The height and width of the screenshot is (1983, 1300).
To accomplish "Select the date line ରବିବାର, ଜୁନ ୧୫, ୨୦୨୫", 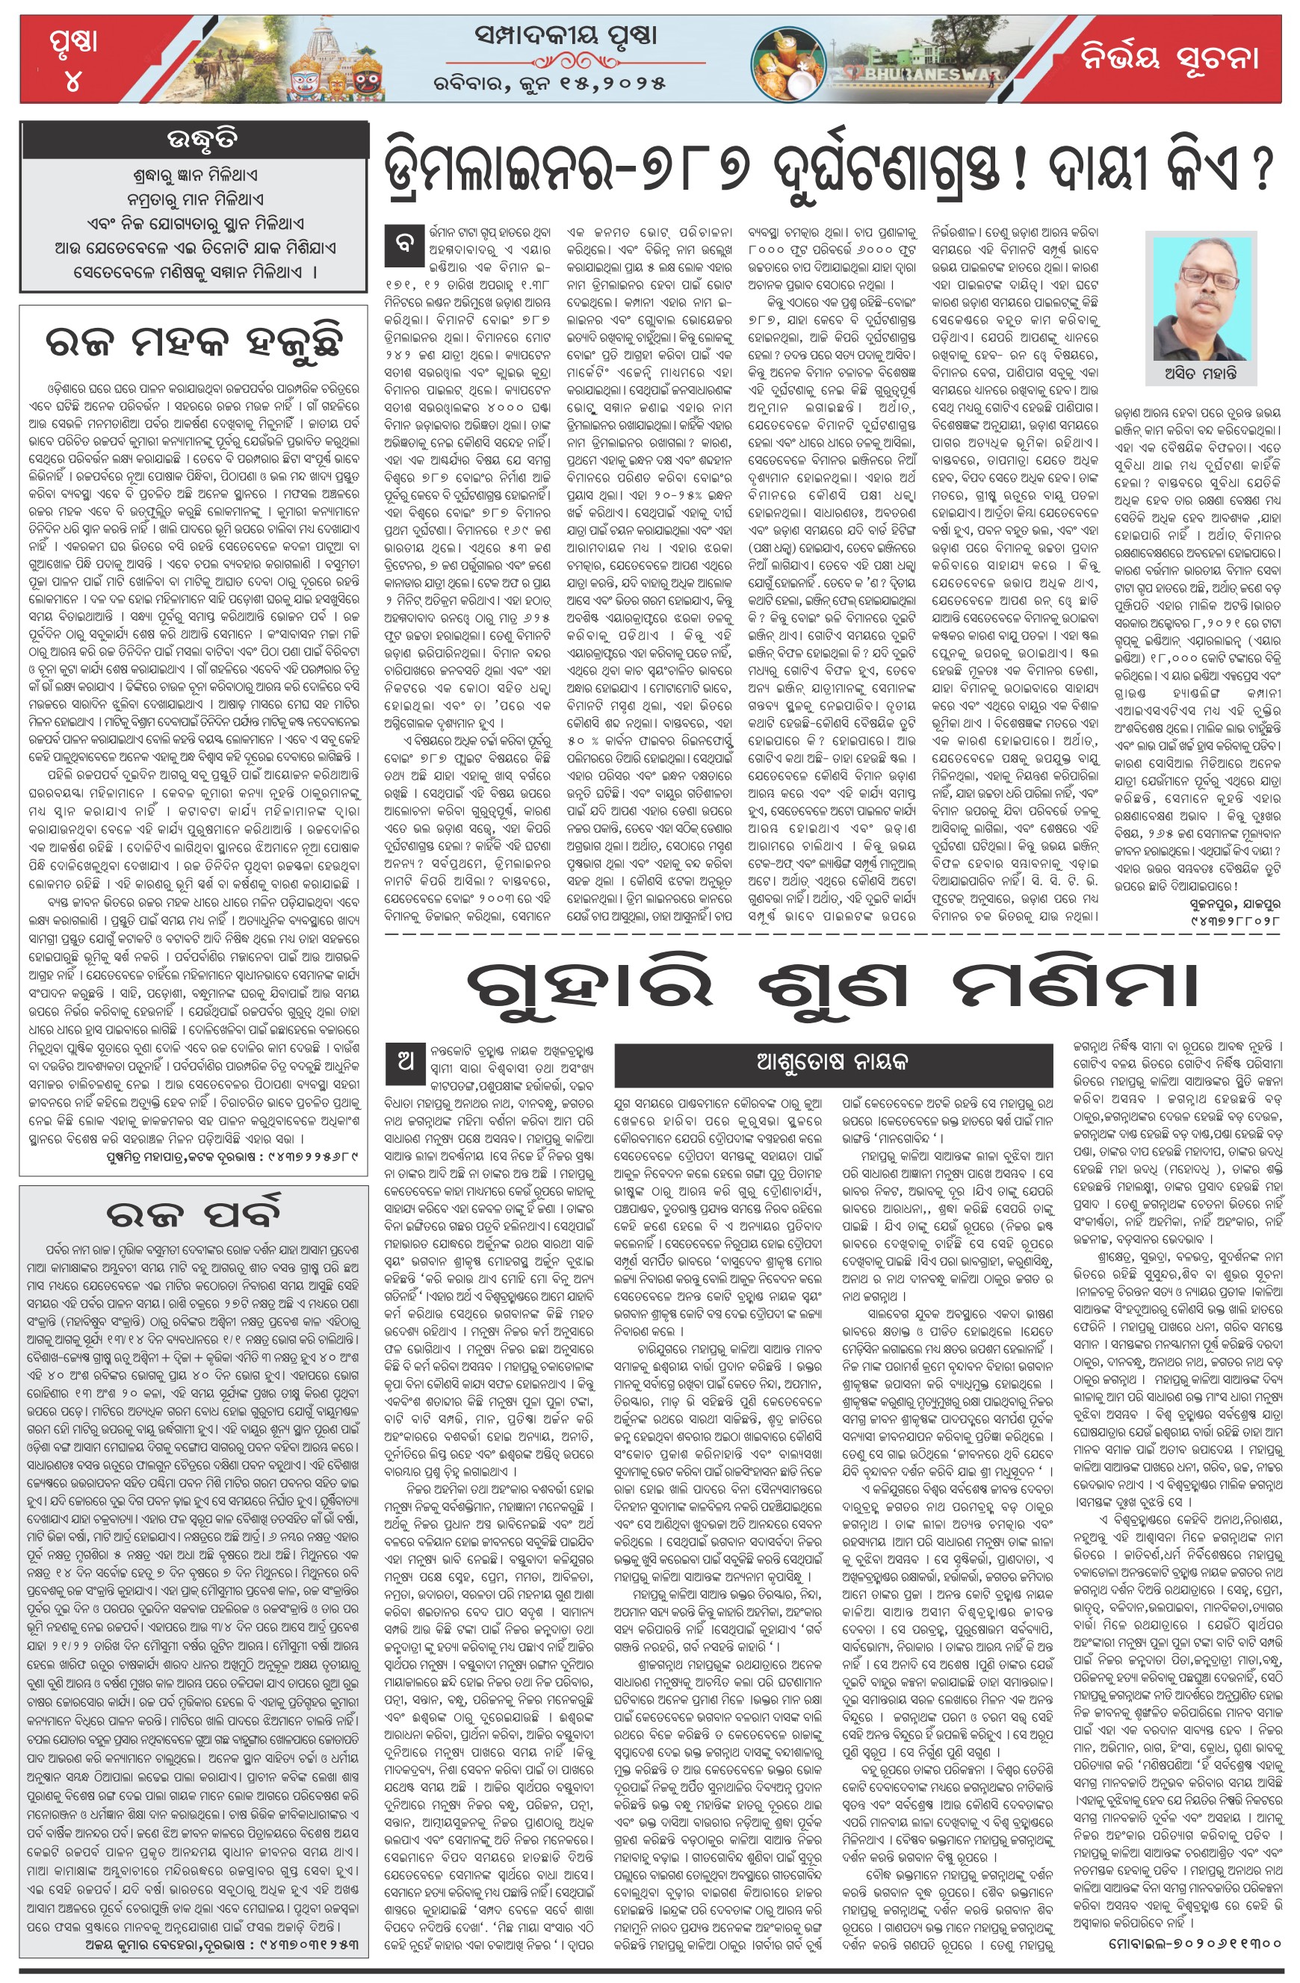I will [x=550, y=84].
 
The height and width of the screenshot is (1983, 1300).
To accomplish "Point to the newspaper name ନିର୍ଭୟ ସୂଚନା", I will [x=1169, y=58].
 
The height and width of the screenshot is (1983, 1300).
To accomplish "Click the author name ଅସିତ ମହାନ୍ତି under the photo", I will [x=1200, y=373].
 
